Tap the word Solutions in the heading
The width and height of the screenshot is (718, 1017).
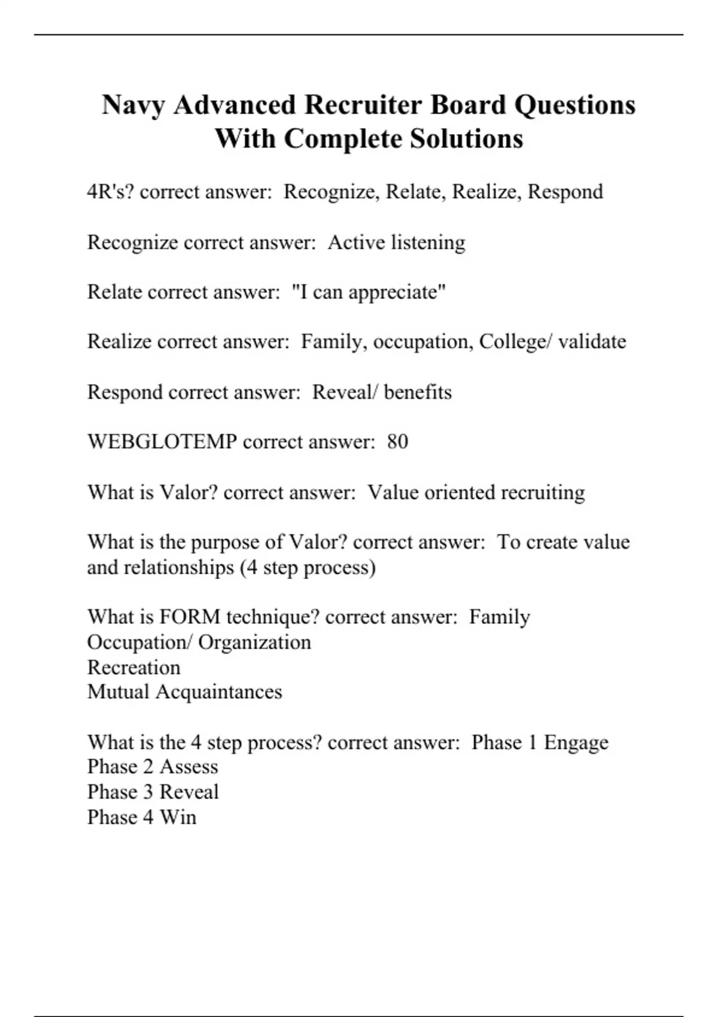coord(467,139)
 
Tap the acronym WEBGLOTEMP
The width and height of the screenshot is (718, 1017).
coord(162,442)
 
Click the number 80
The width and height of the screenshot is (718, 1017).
coord(398,442)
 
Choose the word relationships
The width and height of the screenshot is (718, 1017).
coord(178,567)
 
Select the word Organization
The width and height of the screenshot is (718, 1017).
coord(254,643)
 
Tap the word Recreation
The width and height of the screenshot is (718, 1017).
coord(133,668)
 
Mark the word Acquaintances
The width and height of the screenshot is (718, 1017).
coord(218,692)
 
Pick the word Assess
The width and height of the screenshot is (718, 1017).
coord(188,767)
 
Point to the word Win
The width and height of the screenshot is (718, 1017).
coord(178,817)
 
